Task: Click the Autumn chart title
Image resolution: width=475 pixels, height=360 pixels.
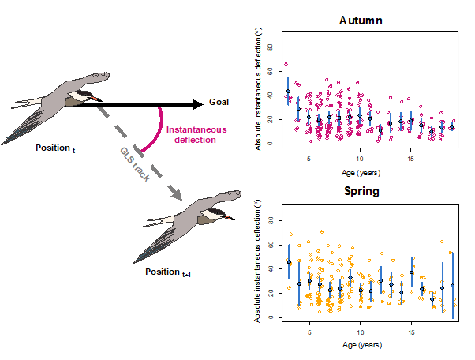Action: [361, 20]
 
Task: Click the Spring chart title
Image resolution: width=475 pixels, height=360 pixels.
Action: [361, 192]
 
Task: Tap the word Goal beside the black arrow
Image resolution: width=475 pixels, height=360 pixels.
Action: [219, 103]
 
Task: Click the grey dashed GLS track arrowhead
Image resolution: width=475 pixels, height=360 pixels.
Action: [174, 193]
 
